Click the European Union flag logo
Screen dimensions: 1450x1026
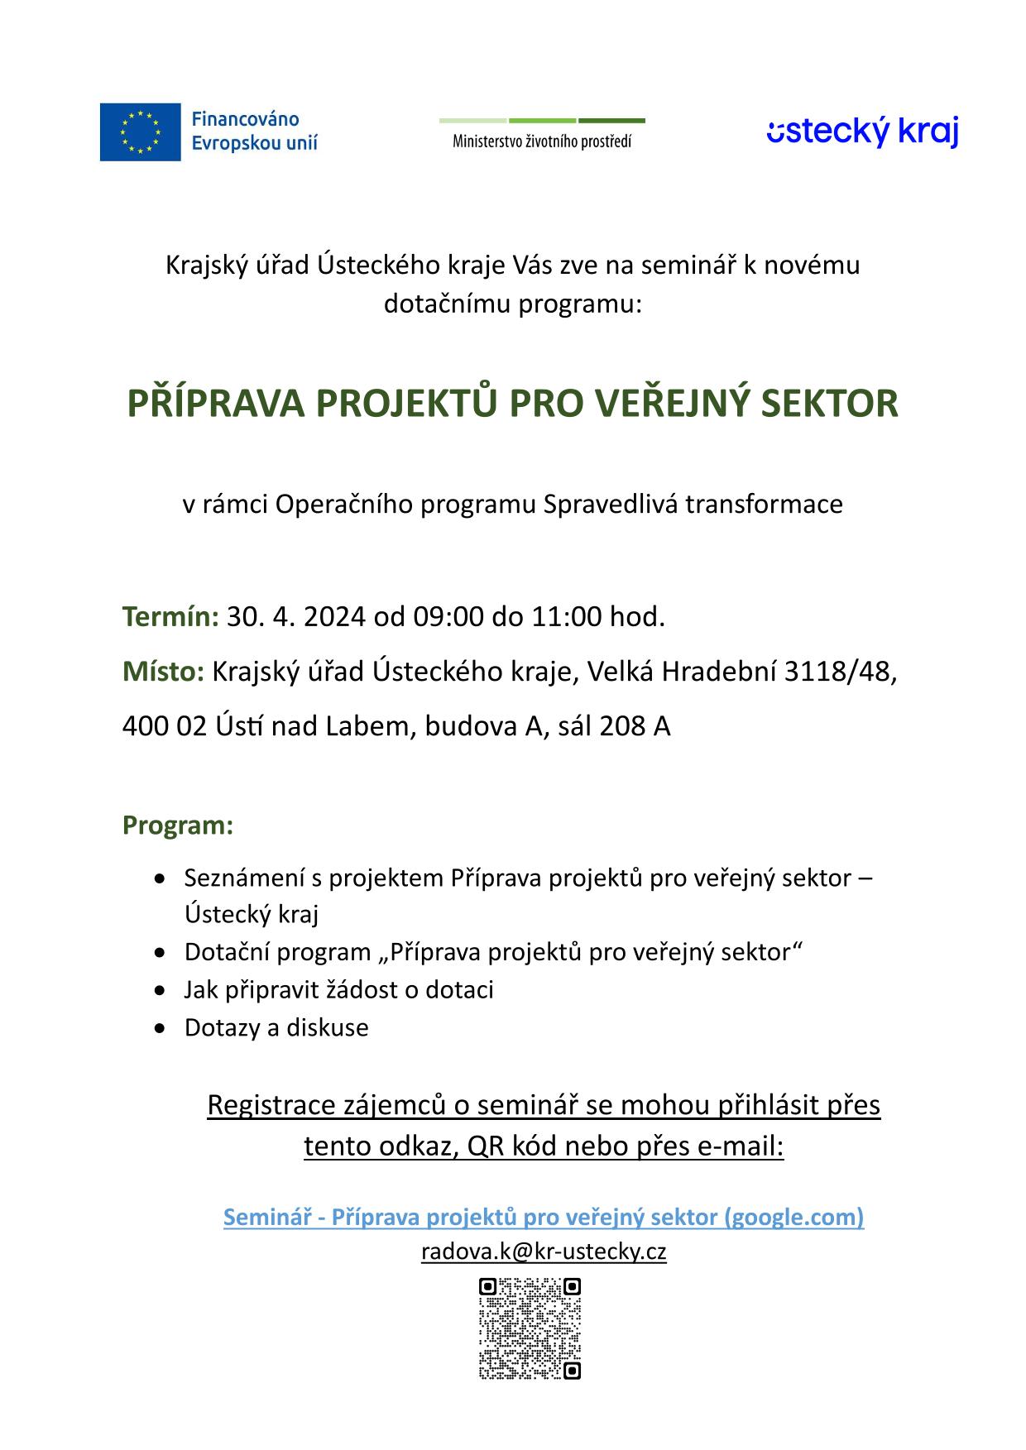[140, 132]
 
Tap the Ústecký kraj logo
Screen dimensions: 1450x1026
[862, 132]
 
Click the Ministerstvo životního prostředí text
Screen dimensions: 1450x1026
[541, 141]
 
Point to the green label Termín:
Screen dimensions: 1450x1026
[170, 617]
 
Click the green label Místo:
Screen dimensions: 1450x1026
[163, 672]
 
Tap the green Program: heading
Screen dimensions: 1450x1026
[178, 825]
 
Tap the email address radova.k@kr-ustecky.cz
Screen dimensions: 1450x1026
[544, 1251]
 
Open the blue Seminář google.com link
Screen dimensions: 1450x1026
[544, 1217]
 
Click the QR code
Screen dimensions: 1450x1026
[530, 1328]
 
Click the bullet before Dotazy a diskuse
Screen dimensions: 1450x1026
[161, 1028]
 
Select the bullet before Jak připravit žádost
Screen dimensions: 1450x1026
[161, 990]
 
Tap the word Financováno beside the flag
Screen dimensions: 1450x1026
[246, 120]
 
